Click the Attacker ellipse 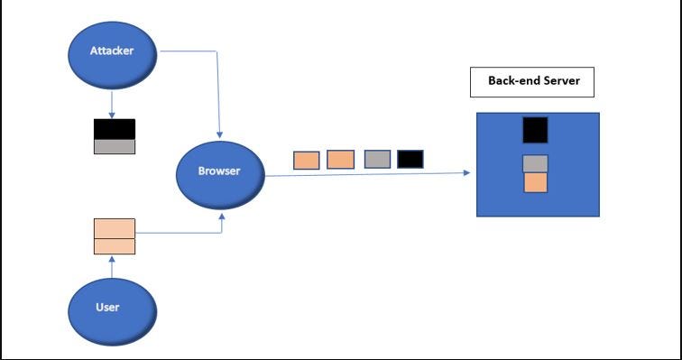[112, 55]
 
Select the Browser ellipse [220, 175]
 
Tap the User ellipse [112, 312]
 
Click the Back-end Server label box [532, 82]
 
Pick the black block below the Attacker [115, 129]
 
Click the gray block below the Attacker [115, 146]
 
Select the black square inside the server [535, 130]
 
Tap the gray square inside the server [535, 164]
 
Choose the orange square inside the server [535, 182]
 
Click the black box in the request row [410, 159]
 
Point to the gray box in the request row [377, 159]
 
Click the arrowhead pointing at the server [467, 172]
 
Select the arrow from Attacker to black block [112, 105]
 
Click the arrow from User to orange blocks [112, 266]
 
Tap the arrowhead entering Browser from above [219, 134]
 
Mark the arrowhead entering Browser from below [222, 216]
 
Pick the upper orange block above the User [115, 228]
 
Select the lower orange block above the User [115, 246]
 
